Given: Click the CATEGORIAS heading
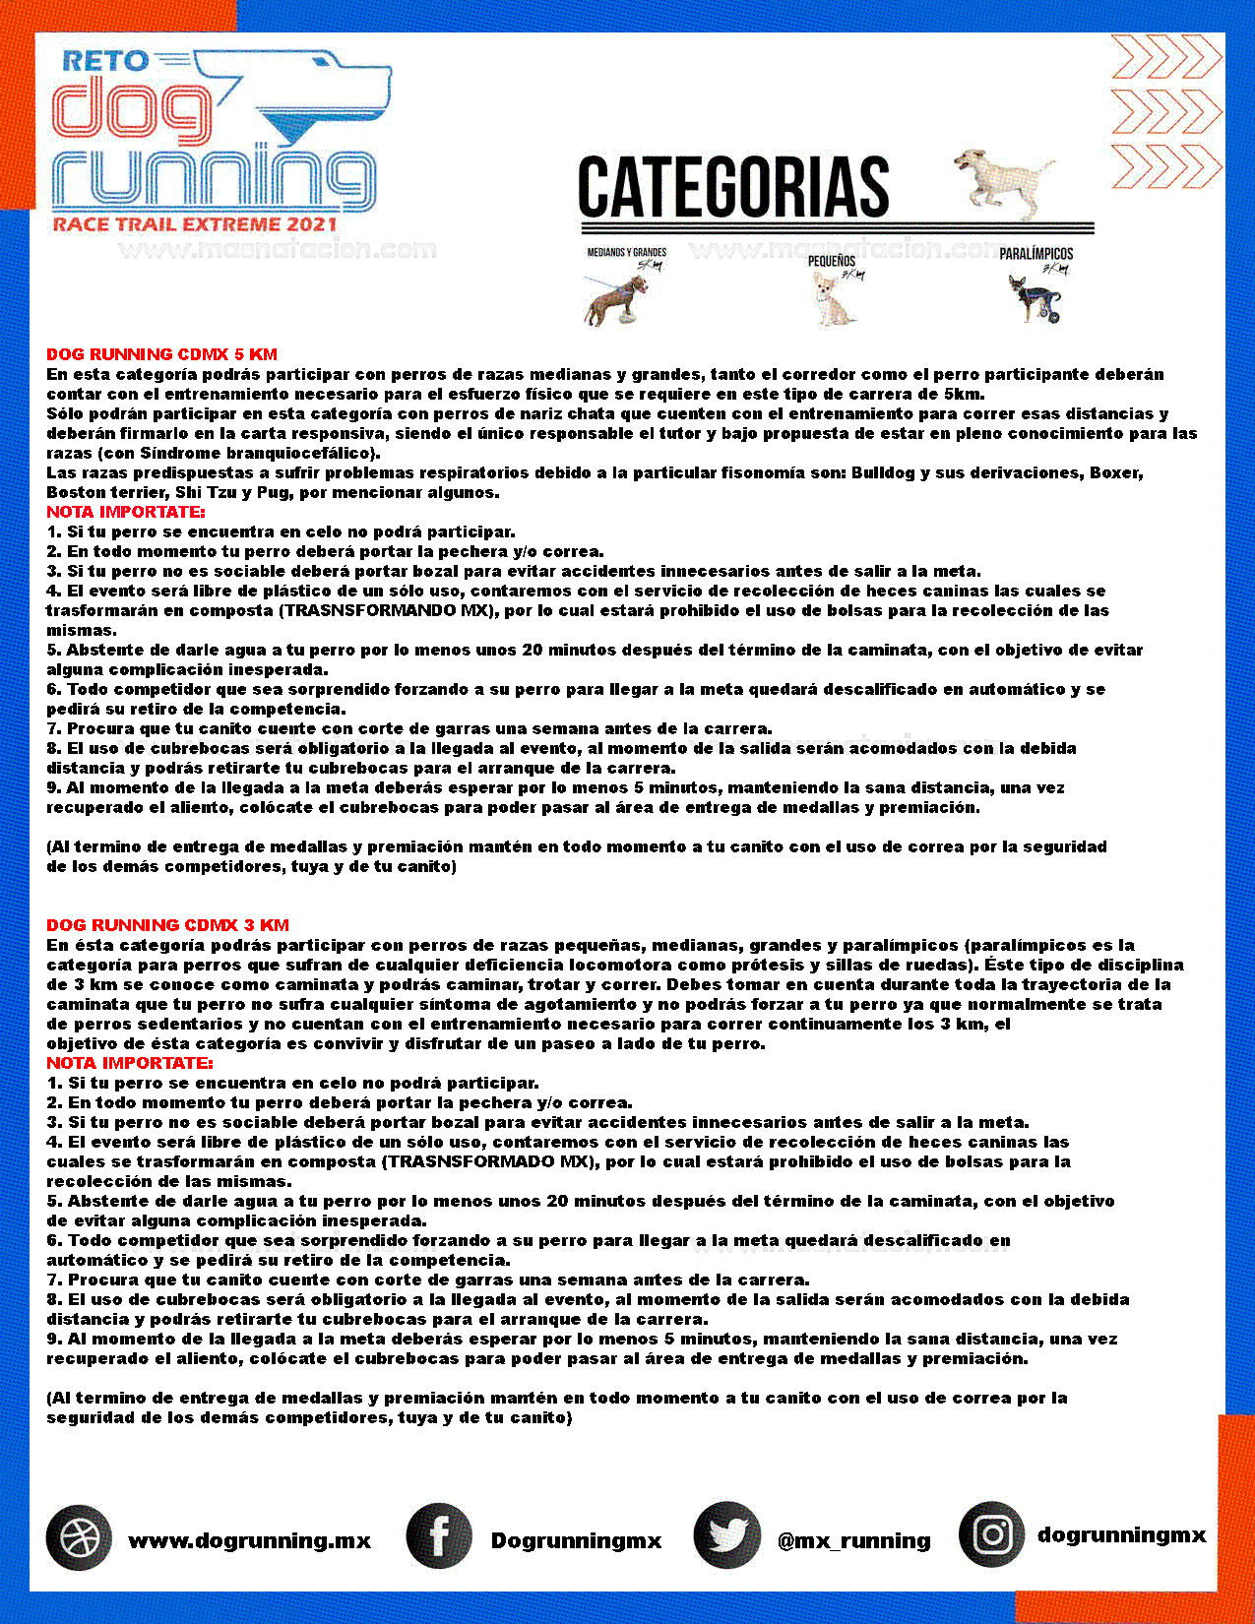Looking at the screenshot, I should [x=733, y=187].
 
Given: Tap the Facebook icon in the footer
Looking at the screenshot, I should [x=439, y=1535].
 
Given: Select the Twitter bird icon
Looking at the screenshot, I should [x=726, y=1535].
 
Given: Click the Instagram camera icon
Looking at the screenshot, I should [x=992, y=1533].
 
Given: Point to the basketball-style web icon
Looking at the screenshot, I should [x=79, y=1537].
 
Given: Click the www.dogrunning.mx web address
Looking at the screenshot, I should [x=249, y=1540].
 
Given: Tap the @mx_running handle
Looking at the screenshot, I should [x=853, y=1540].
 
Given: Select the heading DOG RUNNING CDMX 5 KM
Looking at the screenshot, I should [x=161, y=354].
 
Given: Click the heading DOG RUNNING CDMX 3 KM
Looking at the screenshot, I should [x=167, y=925].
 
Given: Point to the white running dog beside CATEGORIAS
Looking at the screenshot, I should [x=1000, y=182].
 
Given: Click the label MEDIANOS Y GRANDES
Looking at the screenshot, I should [x=627, y=253].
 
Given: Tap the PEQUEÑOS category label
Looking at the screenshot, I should [x=832, y=261].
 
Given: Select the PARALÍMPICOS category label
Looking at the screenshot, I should [x=1035, y=254].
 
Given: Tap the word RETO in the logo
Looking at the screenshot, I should [x=105, y=61].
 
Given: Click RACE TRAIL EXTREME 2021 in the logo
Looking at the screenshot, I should [x=195, y=224].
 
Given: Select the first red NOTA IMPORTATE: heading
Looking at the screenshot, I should [x=125, y=512].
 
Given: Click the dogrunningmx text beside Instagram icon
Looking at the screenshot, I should [x=1121, y=1535].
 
